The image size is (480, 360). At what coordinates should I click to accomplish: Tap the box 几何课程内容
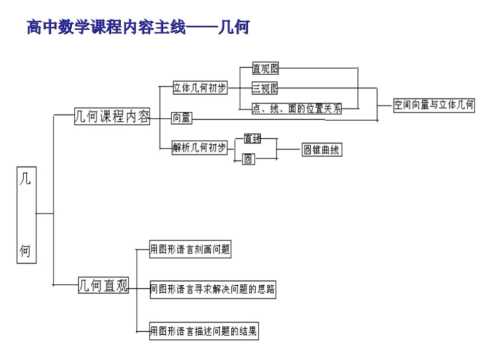point(112,116)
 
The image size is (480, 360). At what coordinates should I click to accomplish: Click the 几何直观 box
point(103,286)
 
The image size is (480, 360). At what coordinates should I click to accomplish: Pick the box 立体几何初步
point(200,87)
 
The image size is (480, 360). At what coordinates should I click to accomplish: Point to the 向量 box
point(181,119)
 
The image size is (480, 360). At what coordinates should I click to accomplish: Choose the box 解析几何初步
point(200,147)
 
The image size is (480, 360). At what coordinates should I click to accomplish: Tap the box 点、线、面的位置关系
point(296,108)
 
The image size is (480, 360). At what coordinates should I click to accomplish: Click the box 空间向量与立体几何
point(434,105)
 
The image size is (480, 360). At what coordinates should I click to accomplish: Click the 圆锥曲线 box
point(321,150)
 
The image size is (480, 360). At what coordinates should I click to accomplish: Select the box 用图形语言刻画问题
point(190,249)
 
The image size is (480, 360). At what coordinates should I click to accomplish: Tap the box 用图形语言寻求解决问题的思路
point(213,290)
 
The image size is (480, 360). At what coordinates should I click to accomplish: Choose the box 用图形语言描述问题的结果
point(204,332)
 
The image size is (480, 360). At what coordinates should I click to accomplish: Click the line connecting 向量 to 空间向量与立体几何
point(283,120)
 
